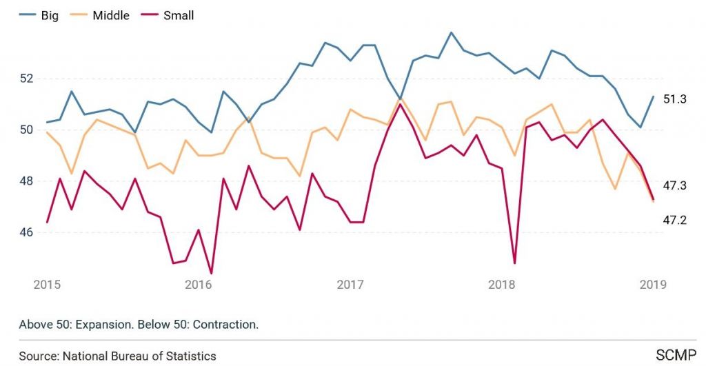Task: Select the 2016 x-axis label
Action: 198,285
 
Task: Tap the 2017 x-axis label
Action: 350,285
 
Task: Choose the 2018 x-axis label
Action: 501,285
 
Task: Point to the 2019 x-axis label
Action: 652,285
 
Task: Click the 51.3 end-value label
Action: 675,99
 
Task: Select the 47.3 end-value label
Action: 675,185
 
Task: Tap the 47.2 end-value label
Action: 675,220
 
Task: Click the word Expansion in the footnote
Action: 96,324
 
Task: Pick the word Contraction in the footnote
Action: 227,324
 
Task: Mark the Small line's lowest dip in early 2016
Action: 211,274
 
